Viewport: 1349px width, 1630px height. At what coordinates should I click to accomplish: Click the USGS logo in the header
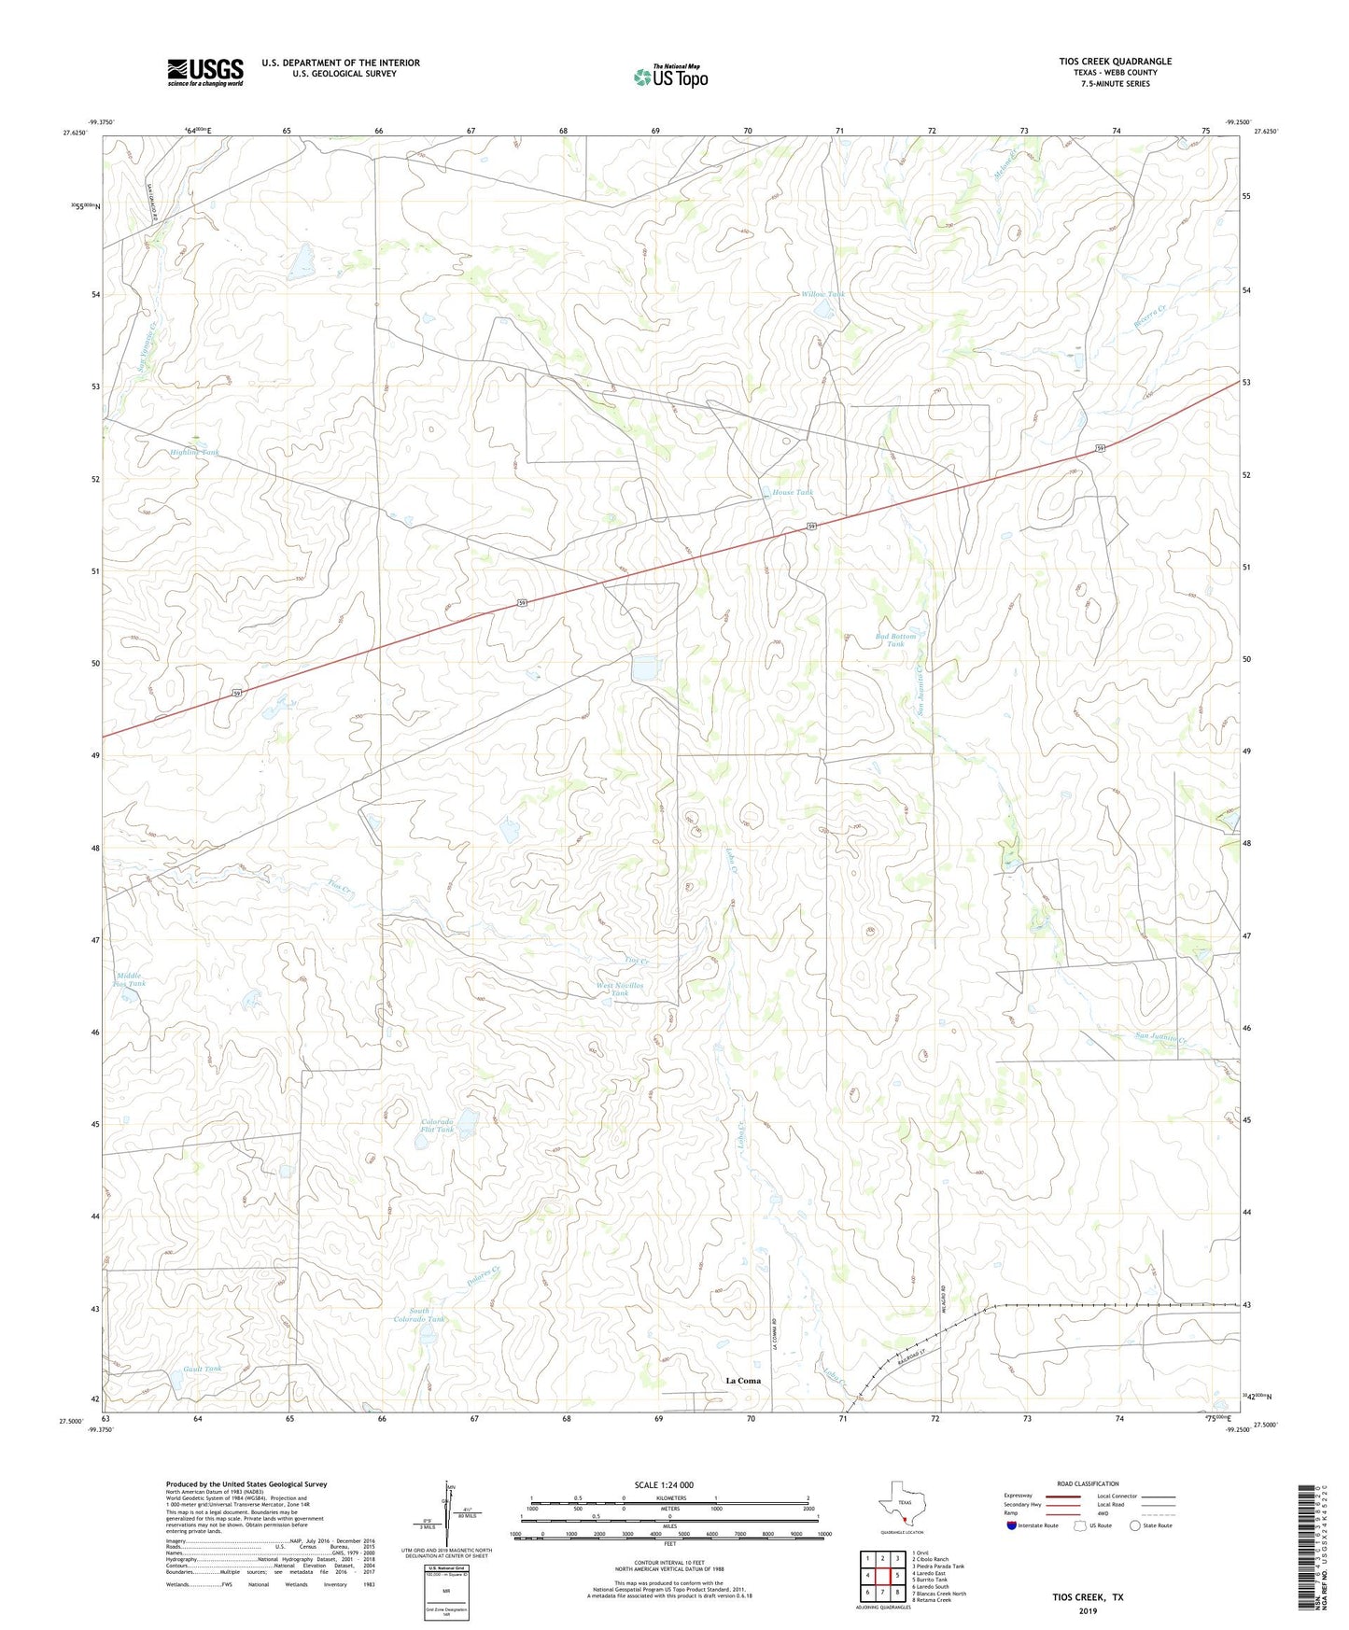(x=205, y=72)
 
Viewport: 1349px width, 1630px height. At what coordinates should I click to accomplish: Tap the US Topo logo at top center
(x=670, y=77)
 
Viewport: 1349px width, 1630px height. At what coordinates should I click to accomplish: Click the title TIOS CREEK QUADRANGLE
(x=1115, y=62)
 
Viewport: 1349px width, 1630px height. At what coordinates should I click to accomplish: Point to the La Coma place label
(x=743, y=1380)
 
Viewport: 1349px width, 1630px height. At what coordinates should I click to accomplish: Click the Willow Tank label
(x=822, y=294)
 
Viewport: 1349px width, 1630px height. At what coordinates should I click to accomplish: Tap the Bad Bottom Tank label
(x=895, y=640)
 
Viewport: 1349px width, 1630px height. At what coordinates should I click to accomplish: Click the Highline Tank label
(x=195, y=452)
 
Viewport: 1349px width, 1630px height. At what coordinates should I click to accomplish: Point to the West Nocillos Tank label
(x=620, y=990)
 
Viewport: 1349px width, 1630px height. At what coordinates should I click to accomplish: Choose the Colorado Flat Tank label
(x=437, y=1126)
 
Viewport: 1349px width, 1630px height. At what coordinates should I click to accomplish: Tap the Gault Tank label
(x=203, y=1369)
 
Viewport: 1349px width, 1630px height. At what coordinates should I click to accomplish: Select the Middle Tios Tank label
(x=129, y=979)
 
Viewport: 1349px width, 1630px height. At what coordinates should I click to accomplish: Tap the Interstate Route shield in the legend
(x=1012, y=1525)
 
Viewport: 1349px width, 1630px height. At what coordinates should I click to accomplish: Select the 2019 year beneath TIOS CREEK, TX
(x=1087, y=1610)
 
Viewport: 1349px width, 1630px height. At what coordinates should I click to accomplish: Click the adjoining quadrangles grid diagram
(x=881, y=1577)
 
